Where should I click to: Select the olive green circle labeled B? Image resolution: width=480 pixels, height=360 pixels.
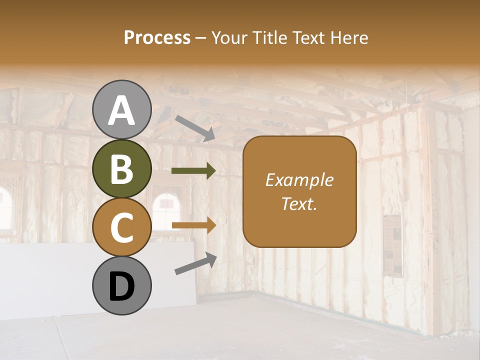pyautogui.click(x=121, y=168)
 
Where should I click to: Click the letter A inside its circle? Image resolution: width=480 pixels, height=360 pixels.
pyautogui.click(x=121, y=110)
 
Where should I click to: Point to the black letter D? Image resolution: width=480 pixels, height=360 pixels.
pyautogui.click(x=121, y=286)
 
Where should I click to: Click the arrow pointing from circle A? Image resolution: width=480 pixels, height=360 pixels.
pyautogui.click(x=195, y=128)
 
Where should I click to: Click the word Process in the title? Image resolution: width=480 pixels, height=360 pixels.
pyautogui.click(x=157, y=38)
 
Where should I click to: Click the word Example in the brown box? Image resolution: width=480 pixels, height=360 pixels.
pyautogui.click(x=299, y=180)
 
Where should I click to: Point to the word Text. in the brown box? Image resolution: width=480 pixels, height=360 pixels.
pyautogui.click(x=299, y=203)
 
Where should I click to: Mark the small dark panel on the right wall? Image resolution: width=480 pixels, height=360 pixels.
pyautogui.click(x=393, y=245)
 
